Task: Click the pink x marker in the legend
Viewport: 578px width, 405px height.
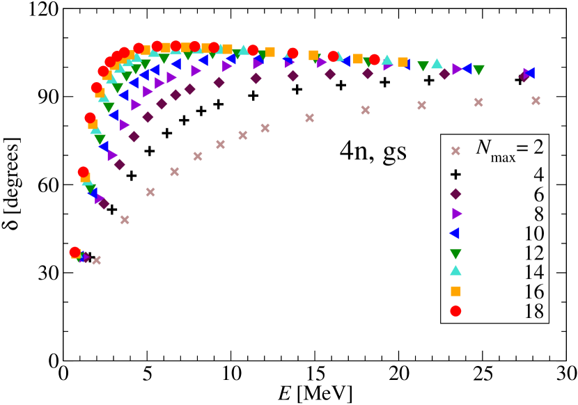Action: pos(456,150)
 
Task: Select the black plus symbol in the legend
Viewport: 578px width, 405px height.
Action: pos(456,175)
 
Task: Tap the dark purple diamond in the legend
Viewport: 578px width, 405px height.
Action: pos(456,194)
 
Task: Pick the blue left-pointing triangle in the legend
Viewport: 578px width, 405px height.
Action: pos(455,233)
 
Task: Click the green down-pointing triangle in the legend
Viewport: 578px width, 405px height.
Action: pos(456,253)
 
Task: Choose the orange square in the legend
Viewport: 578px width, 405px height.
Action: pos(456,292)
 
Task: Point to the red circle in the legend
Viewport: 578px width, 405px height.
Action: pos(456,311)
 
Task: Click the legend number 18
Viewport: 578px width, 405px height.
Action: pos(533,311)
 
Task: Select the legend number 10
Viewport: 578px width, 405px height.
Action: pos(533,233)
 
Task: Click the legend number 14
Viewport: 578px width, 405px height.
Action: pos(533,272)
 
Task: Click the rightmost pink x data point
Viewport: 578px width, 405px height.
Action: pos(536,100)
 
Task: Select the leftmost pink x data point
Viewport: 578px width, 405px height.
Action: pos(97,260)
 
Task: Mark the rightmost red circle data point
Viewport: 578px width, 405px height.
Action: pos(375,60)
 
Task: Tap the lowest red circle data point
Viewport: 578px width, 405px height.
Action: pos(75,252)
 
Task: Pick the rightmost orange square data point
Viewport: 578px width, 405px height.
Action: pos(403,62)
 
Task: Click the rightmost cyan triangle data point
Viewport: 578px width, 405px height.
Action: pos(437,63)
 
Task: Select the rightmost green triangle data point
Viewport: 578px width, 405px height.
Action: pos(478,70)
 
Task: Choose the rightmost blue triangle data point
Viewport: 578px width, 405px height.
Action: pos(529,72)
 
